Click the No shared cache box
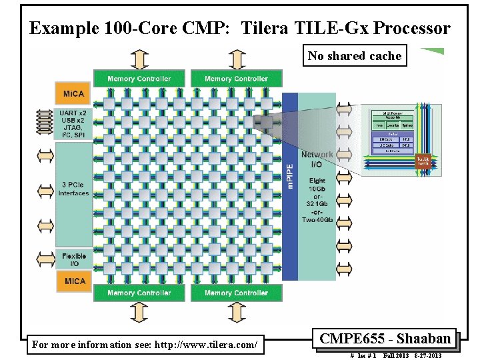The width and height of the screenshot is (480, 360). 355,56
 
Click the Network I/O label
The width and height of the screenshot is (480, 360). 317,159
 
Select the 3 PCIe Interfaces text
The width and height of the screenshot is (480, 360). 73,189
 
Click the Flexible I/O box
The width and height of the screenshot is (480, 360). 74,260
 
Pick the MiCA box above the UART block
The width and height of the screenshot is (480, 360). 74,93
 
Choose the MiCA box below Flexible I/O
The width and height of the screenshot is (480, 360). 74,281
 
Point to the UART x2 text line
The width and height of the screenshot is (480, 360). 73,113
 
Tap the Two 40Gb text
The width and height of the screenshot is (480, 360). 317,219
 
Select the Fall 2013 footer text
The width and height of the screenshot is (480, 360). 396,356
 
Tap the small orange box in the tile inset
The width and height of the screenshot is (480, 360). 423,161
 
